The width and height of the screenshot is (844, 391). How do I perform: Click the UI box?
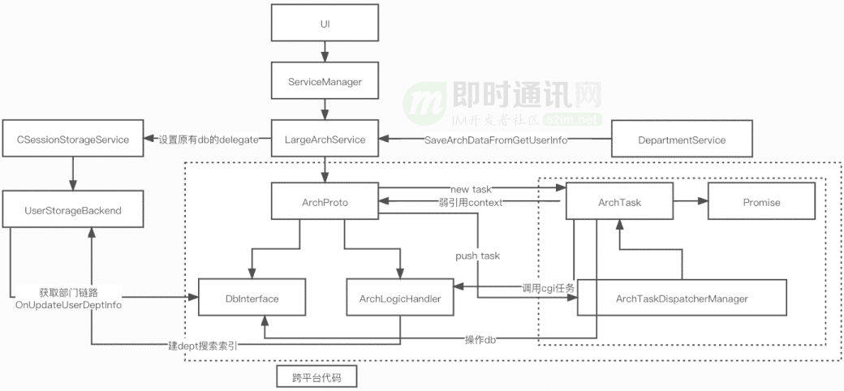click(325, 24)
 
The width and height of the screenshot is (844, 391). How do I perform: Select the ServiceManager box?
click(325, 82)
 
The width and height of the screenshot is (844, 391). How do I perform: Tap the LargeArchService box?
click(325, 140)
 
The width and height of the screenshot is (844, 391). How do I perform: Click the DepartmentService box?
click(682, 140)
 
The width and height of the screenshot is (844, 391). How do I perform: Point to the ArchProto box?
click(325, 202)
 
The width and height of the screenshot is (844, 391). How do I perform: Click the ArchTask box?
click(618, 202)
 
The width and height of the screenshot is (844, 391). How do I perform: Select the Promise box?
click(761, 202)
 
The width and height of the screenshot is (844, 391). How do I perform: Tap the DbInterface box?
click(252, 299)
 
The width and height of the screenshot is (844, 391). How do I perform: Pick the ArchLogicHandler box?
click(399, 299)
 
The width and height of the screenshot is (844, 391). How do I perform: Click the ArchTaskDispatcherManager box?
click(682, 299)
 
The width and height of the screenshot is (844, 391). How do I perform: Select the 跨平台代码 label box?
click(312, 378)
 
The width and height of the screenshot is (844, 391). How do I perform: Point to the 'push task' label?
click(477, 256)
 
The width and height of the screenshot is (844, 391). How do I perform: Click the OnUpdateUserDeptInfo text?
click(68, 304)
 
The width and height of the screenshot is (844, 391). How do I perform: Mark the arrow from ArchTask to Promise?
click(690, 202)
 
